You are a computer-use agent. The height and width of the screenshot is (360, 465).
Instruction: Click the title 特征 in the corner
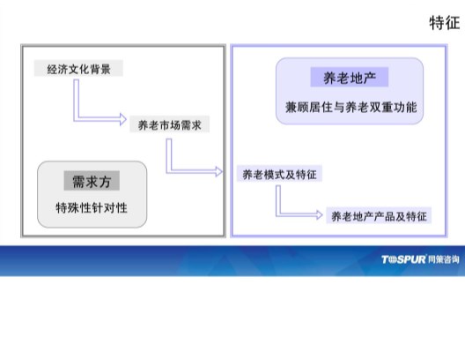(x=445, y=23)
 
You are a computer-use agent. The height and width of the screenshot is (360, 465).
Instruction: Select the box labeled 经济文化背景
(x=78, y=68)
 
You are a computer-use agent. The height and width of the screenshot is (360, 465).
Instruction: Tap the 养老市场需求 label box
(x=170, y=124)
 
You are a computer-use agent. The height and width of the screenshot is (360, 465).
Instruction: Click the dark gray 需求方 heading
(x=92, y=181)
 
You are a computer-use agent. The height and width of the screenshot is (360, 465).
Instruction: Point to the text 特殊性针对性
(x=92, y=207)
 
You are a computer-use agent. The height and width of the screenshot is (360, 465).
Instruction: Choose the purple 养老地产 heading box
(x=350, y=78)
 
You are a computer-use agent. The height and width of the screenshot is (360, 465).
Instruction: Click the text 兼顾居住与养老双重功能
(x=351, y=107)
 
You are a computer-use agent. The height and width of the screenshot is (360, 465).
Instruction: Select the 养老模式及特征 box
(x=279, y=174)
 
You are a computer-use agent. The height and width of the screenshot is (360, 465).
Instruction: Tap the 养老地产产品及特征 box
(x=379, y=215)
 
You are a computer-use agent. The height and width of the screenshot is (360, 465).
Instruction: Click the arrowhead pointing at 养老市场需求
(x=123, y=119)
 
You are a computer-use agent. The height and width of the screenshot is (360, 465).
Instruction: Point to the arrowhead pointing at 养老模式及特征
(x=219, y=171)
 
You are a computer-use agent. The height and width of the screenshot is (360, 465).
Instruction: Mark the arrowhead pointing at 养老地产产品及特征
(x=320, y=214)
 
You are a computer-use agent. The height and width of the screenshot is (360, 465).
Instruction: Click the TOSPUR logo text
(x=403, y=259)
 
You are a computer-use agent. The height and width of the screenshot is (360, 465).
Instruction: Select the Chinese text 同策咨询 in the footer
(x=444, y=259)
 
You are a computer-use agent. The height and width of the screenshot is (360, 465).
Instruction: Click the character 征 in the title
(x=453, y=23)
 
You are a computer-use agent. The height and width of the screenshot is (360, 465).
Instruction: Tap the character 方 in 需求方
(x=105, y=181)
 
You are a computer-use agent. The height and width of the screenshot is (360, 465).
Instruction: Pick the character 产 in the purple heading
(x=370, y=78)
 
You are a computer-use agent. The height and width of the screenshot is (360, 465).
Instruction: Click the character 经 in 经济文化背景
(x=52, y=69)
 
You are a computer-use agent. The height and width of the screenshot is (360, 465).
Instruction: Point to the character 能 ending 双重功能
(x=411, y=107)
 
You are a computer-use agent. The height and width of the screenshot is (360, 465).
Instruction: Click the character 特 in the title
(x=437, y=23)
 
